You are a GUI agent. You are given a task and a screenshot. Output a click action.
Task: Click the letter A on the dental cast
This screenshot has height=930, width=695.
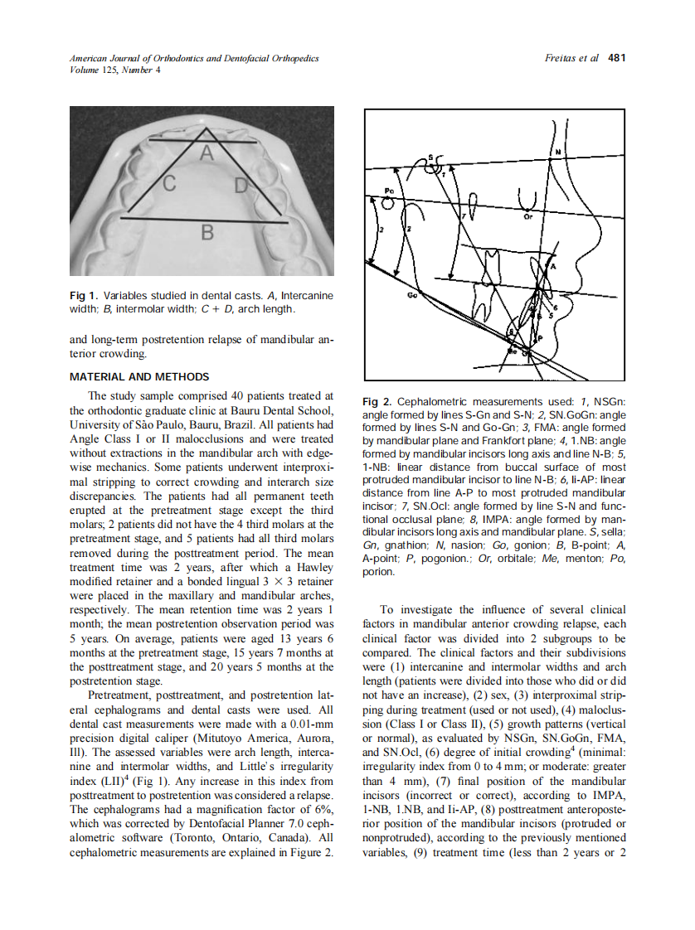point(207,153)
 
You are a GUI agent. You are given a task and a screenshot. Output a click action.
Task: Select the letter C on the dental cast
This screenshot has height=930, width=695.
point(168,184)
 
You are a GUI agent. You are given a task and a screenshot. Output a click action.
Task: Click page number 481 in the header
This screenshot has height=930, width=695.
point(616,58)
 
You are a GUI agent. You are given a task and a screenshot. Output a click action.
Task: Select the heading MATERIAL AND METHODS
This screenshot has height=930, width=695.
point(139,377)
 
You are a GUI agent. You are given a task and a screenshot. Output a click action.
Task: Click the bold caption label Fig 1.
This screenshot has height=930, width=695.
point(84,295)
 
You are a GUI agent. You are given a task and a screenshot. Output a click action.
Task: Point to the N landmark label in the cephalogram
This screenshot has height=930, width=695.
point(556,152)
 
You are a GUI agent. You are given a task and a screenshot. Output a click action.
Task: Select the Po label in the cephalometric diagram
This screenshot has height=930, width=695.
point(389,191)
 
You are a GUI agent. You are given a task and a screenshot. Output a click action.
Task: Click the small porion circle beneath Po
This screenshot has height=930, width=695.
point(392,200)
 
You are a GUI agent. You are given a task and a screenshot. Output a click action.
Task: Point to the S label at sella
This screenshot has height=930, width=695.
point(430,157)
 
